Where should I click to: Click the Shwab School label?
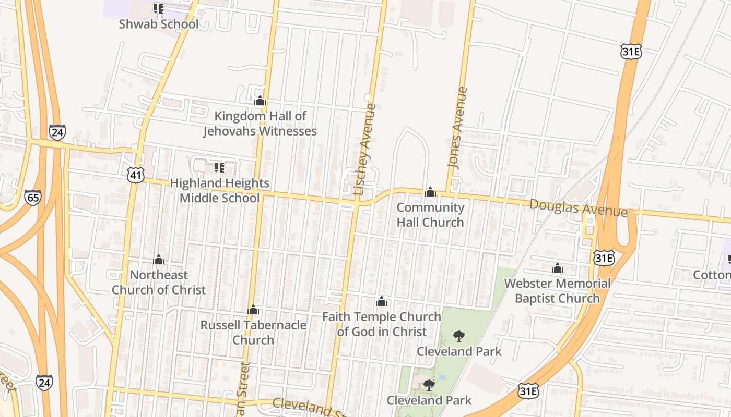[x=159, y=24]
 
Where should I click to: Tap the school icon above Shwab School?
[x=158, y=8]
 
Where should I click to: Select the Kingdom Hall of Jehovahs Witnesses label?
[x=260, y=124]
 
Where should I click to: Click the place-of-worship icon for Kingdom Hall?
[x=260, y=101]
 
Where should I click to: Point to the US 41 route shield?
[x=135, y=175]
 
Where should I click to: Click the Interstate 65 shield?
[x=32, y=198]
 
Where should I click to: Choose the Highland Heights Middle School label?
[x=219, y=190]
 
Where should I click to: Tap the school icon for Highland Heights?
[x=219, y=167]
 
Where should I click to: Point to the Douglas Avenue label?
[x=578, y=207]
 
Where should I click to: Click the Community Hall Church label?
[x=430, y=215]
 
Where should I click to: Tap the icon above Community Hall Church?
[x=430, y=192]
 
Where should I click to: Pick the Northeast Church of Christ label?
[x=159, y=282]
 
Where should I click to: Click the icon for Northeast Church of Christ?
[x=159, y=260]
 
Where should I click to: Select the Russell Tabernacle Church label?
[x=253, y=333]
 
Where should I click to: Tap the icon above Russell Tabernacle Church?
[x=253, y=310]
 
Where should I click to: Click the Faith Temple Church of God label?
[x=382, y=324]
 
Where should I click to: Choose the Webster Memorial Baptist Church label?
[x=557, y=291]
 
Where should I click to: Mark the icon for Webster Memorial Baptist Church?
[x=557, y=268]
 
